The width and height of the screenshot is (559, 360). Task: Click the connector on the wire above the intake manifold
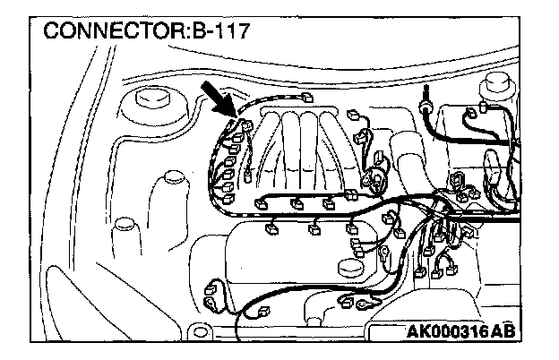pyautogui.click(x=307, y=98)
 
